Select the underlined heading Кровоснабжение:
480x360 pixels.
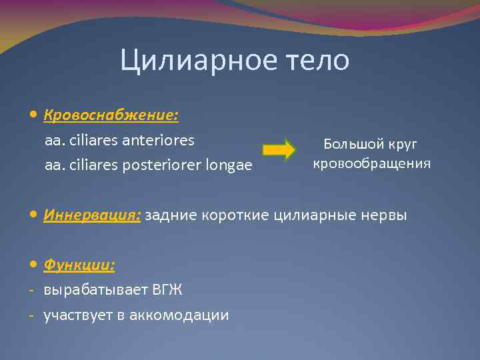111,115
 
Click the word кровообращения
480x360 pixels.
372,163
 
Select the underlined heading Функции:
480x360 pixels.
79,265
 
